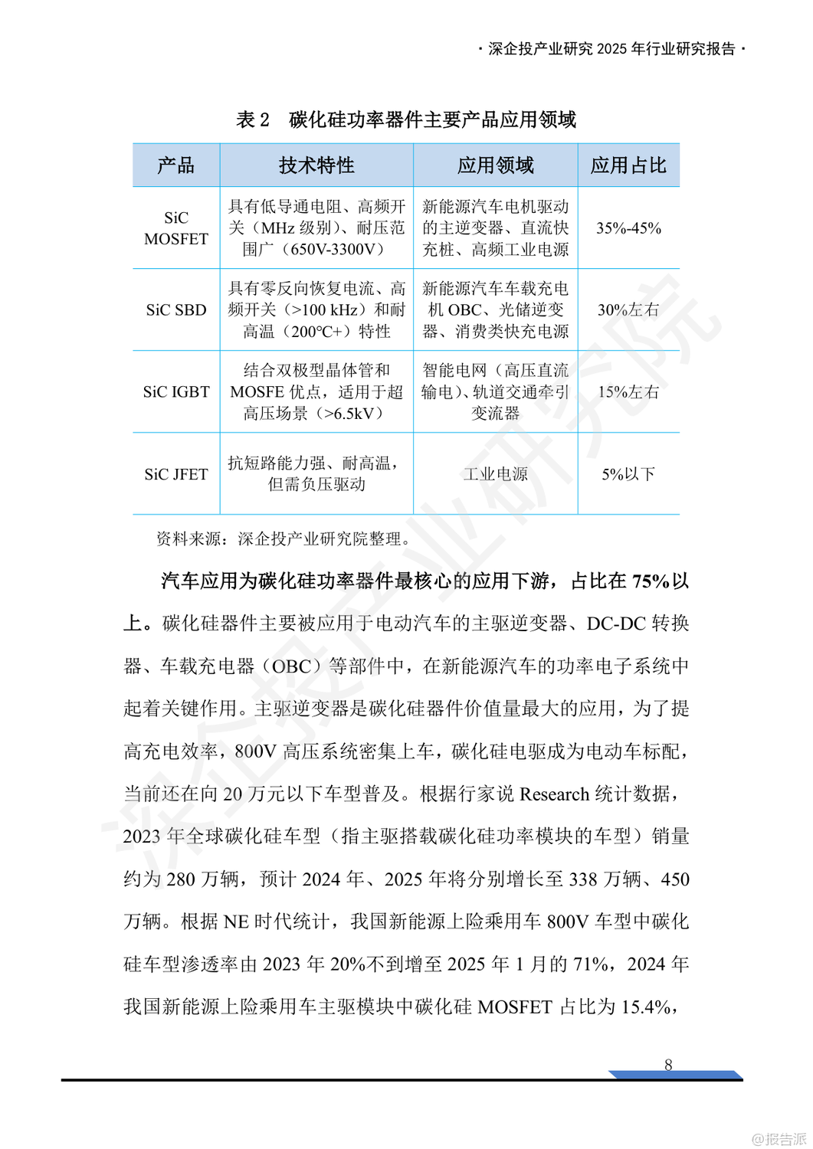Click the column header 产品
[175, 165]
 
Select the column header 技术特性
[316, 165]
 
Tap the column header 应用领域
[495, 165]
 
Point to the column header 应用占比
[628, 165]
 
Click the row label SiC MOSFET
[175, 228]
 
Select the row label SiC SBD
[175, 310]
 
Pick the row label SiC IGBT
[175, 392]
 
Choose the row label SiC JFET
[175, 474]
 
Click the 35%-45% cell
[628, 228]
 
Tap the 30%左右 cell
[628, 310]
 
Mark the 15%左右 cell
[628, 392]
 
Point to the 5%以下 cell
[628, 474]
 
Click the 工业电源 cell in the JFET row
[495, 474]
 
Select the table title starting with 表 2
[406, 119]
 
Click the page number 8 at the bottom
[668, 1065]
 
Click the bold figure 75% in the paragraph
[651, 581]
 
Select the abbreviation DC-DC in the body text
[616, 624]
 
